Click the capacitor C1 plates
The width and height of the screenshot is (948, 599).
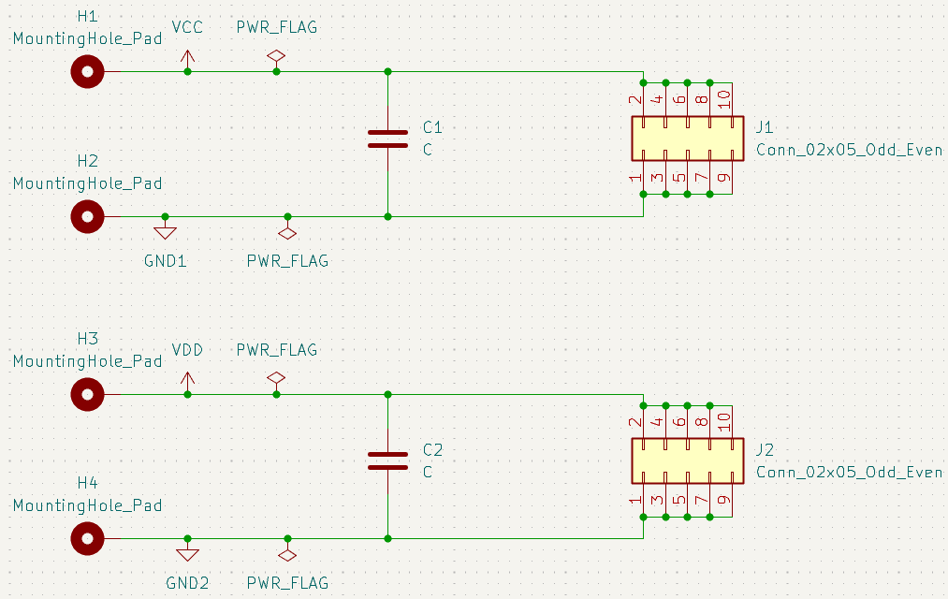pyautogui.click(x=387, y=139)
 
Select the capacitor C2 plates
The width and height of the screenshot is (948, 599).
pyautogui.click(x=387, y=460)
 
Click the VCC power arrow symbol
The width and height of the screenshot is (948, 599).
pyautogui.click(x=187, y=59)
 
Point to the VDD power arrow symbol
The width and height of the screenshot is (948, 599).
pyautogui.click(x=187, y=382)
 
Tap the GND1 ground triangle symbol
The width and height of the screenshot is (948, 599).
pyautogui.click(x=165, y=231)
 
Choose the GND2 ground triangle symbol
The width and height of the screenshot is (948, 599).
pyautogui.click(x=187, y=553)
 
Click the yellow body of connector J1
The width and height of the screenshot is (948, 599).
pyautogui.click(x=688, y=139)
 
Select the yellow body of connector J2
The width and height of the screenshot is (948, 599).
pyautogui.click(x=688, y=460)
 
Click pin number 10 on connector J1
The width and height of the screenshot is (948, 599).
pyautogui.click(x=724, y=97)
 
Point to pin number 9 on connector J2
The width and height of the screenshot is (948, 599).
pyautogui.click(x=724, y=500)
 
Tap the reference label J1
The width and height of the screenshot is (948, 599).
pyautogui.click(x=765, y=127)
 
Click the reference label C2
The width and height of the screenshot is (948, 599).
pyautogui.click(x=433, y=449)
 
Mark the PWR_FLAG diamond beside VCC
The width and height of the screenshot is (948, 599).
pyautogui.click(x=276, y=56)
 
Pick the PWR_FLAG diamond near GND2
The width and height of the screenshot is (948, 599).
pyautogui.click(x=287, y=554)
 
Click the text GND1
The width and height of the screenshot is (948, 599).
pyautogui.click(x=165, y=261)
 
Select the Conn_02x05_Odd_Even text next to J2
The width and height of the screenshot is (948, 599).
pyautogui.click(x=850, y=472)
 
